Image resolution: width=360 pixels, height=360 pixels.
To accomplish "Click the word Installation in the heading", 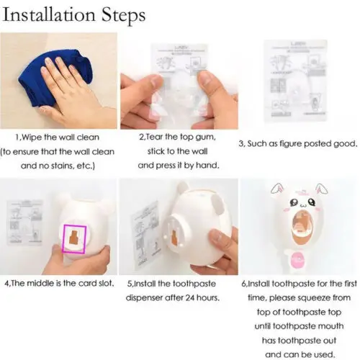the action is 49,15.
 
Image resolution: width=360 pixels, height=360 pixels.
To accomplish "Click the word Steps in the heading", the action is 123,16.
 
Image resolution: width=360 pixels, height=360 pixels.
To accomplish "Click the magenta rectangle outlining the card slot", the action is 74,239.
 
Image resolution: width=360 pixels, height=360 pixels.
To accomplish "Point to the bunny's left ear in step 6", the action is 276,189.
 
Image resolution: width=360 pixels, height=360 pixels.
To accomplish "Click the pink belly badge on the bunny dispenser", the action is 297,261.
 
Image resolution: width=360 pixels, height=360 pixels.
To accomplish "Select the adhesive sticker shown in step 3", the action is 296,81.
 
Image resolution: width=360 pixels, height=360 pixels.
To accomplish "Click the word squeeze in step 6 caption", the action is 315,298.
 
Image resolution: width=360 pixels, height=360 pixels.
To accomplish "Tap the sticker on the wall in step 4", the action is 24,222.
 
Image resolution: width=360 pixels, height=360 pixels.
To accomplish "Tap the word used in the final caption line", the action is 323,355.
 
